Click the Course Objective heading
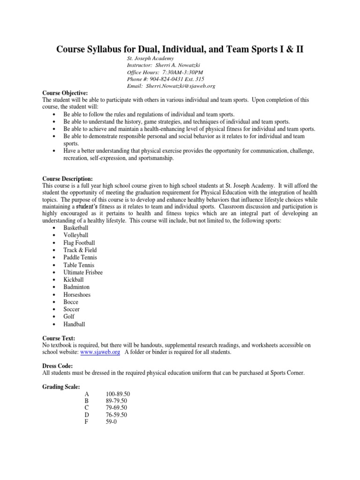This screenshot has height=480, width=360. (65, 93)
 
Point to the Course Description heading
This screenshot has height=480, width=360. (67, 179)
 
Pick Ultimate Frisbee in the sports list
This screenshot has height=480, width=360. (83, 272)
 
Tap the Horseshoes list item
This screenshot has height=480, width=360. (77, 294)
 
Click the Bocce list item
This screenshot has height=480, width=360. (71, 302)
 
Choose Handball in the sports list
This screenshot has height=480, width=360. (75, 324)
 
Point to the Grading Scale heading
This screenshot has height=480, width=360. (61, 386)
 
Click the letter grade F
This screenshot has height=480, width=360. (86, 422)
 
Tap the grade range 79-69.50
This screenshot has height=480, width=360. (117, 408)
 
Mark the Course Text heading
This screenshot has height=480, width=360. (59, 337)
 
